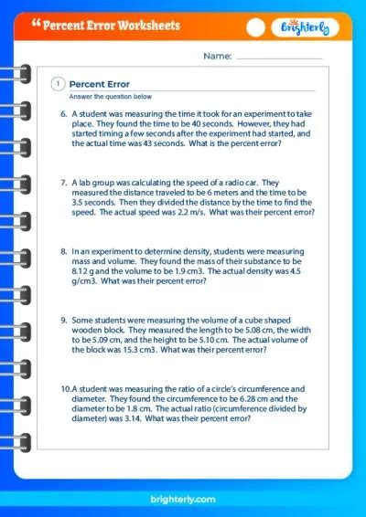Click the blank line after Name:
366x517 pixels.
280,58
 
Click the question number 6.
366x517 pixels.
64,114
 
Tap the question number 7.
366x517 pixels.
64,183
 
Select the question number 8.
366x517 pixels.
64,249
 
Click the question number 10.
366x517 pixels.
66,388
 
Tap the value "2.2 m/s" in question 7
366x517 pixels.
206,212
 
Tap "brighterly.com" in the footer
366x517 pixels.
183,497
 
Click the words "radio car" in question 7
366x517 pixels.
263,183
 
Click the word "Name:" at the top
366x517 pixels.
218,57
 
